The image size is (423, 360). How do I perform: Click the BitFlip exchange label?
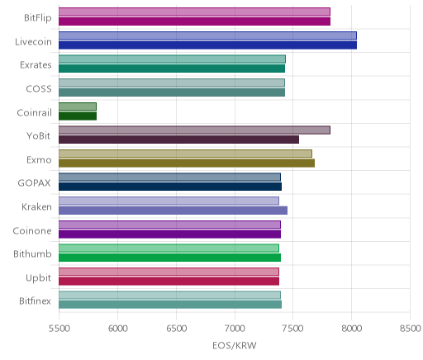(38, 18)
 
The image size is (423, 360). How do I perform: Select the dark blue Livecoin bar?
(207, 45)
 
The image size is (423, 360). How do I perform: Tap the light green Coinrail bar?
(78, 107)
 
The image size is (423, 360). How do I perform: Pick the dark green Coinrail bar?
(78, 116)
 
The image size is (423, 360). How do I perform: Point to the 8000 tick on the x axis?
(351, 329)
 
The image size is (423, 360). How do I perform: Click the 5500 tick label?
(59, 329)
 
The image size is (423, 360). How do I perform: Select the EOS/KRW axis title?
(235, 345)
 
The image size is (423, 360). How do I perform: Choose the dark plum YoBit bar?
(178, 140)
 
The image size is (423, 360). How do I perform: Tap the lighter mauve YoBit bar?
(194, 130)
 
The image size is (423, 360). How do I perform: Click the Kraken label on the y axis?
(36, 206)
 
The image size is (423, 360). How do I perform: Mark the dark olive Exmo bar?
(187, 163)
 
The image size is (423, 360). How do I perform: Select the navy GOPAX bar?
(170, 187)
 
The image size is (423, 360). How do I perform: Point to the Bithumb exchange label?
(32, 253)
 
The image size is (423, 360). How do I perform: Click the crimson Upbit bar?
(169, 282)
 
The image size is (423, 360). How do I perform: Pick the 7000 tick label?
(235, 329)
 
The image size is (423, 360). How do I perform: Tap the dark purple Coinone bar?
(169, 234)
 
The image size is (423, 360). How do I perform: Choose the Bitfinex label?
(36, 301)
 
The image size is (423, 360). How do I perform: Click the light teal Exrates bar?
(172, 59)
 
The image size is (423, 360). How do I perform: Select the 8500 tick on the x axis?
(411, 329)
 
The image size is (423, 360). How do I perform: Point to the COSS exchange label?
(39, 89)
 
